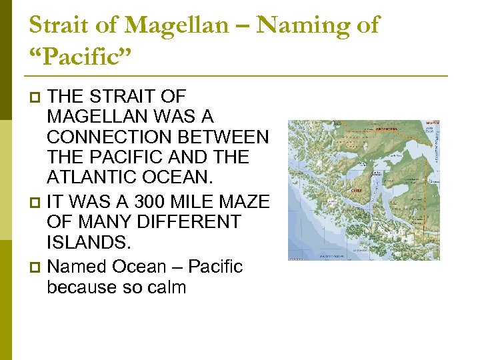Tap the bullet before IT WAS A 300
36,201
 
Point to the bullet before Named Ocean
36,267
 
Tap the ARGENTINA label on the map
387,129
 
